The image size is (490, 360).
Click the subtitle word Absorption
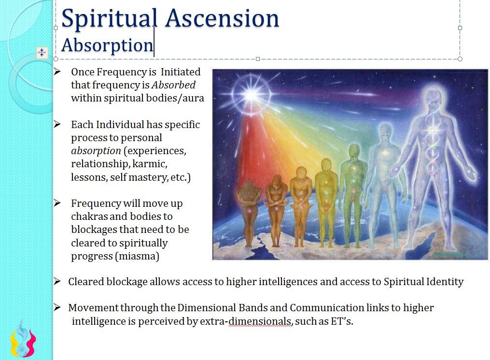click(x=107, y=45)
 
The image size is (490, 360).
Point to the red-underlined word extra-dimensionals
click(x=246, y=321)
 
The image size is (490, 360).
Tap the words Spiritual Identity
click(x=423, y=282)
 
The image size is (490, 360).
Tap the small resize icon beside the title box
click(x=42, y=53)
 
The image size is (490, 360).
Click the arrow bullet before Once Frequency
click(x=57, y=72)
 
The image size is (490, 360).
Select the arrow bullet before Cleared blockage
click(x=57, y=281)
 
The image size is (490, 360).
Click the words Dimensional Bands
click(x=230, y=308)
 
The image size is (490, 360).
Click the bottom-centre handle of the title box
click(x=258, y=59)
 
